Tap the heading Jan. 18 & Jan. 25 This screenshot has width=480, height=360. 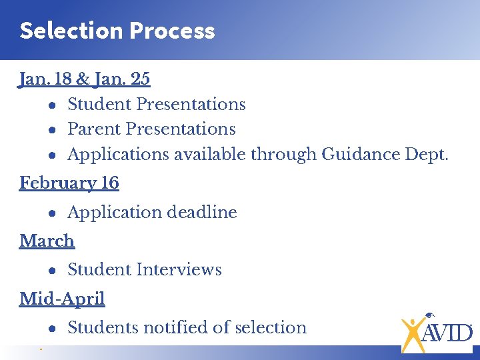tap(85, 79)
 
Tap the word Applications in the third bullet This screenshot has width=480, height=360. tap(118, 155)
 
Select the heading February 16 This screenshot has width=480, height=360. tap(69, 183)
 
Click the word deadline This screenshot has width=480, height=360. tap(202, 213)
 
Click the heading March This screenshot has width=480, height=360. tap(47, 241)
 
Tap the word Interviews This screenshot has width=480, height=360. tap(179, 270)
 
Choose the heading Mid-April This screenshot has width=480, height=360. tap(62, 299)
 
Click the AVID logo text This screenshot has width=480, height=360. tap(447, 331)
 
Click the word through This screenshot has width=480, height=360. tap(283, 155)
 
